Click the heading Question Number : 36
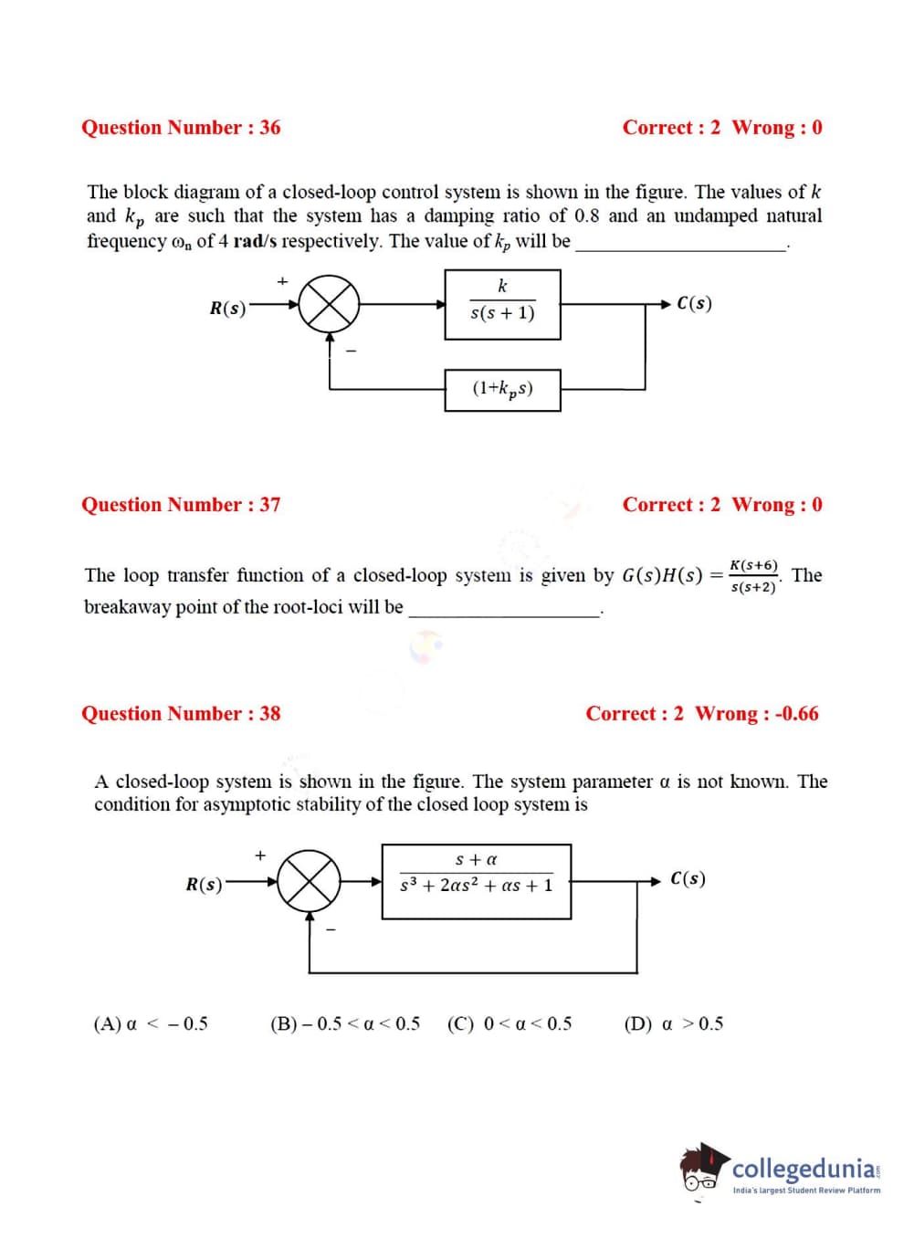pos(181,128)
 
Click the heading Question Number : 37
pos(181,505)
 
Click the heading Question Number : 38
pos(181,714)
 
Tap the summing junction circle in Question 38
pos(310,882)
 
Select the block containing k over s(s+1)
pos(502,304)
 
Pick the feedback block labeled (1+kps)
pos(502,390)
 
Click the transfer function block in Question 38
pos(476,881)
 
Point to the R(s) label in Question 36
pos(227,308)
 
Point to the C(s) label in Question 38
pos(688,879)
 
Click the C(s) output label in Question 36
pos(695,303)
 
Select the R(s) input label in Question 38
pos(204,884)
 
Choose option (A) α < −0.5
pos(151,1023)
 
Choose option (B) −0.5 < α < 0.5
pos(345,1023)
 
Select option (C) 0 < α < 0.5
pos(510,1023)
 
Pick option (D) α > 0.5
pos(673,1023)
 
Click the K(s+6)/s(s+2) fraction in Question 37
pos(754,576)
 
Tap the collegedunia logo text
pos(804,1169)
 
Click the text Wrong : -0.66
pos(757,714)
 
